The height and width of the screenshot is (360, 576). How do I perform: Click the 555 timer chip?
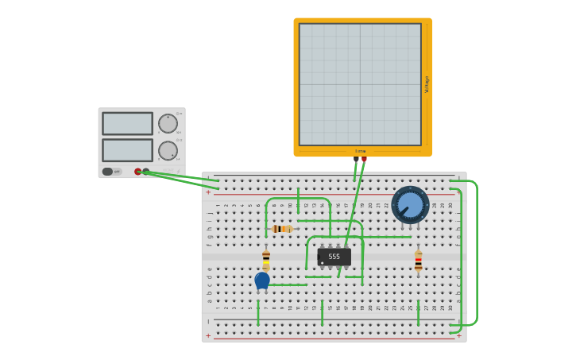[x=334, y=257]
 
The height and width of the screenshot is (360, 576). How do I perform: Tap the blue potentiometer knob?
[x=410, y=205]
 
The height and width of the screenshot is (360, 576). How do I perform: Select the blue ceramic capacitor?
[x=262, y=280]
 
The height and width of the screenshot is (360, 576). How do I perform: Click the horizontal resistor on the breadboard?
[x=282, y=229]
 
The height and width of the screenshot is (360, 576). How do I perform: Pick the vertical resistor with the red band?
[x=419, y=262]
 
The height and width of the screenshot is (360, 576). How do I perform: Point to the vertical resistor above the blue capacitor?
[x=266, y=257]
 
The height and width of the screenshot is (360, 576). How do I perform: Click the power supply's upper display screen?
[x=127, y=123]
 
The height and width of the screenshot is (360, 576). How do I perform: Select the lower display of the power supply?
[x=127, y=150]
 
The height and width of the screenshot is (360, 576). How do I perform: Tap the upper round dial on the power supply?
[x=168, y=123]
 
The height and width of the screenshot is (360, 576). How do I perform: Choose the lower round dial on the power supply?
[x=168, y=150]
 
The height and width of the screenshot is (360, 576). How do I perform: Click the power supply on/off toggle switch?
[x=108, y=172]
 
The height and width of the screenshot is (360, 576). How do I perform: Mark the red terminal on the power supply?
[x=137, y=172]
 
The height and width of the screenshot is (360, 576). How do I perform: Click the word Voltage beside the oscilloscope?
[x=427, y=84]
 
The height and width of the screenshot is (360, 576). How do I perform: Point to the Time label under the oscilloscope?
[x=360, y=151]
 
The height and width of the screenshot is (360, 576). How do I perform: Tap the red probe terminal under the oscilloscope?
[x=365, y=160]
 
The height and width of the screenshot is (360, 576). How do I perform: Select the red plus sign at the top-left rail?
[x=208, y=192]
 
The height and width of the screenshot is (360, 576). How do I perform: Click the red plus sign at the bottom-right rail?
[x=458, y=335]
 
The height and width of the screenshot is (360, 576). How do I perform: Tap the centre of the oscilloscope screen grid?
[x=360, y=84]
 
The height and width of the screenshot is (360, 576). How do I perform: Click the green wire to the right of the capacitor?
[x=290, y=285]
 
